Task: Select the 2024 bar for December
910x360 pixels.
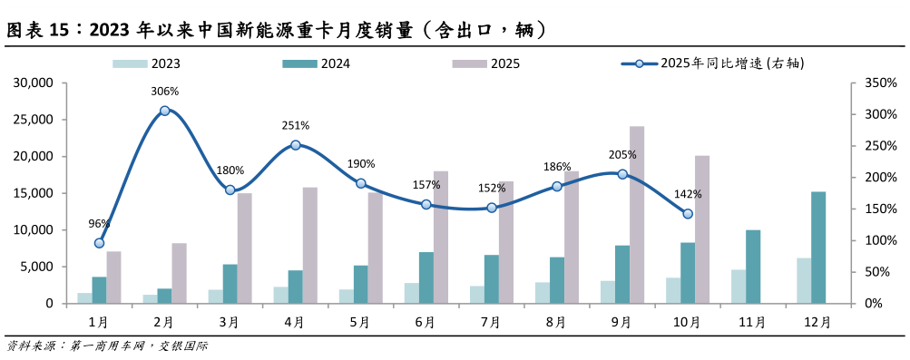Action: tap(818, 248)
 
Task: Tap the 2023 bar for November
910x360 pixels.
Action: tap(739, 287)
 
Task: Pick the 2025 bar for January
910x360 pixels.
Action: tap(113, 277)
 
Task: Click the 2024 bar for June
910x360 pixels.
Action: tap(426, 277)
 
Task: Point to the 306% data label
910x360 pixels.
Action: tap(164, 92)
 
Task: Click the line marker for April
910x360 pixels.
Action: tap(296, 145)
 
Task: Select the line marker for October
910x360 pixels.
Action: tap(688, 214)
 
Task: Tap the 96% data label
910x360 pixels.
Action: tap(99, 224)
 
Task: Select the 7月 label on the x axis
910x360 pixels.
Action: tap(491, 322)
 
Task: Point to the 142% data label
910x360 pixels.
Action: tap(688, 194)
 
